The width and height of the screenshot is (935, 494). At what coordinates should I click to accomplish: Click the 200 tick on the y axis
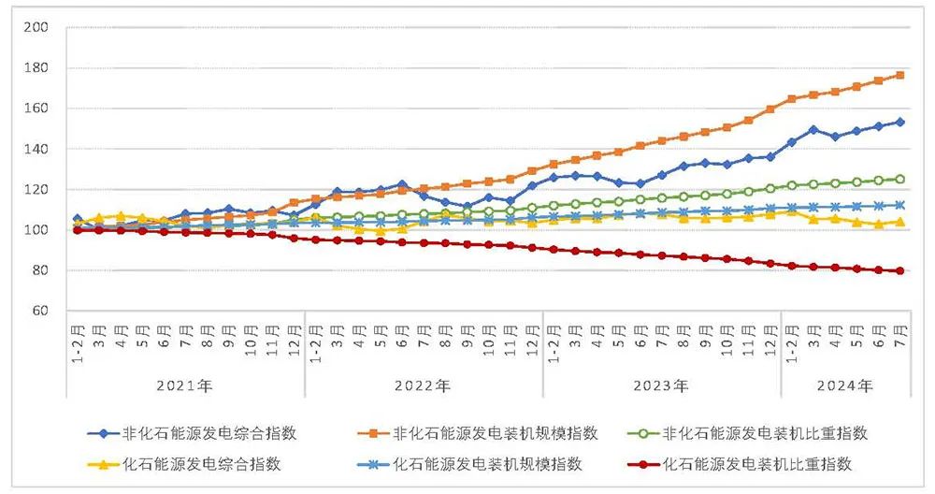(35, 27)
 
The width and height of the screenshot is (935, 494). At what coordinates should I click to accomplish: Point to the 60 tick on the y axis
(38, 311)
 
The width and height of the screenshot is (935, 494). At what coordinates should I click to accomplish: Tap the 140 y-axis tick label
(35, 149)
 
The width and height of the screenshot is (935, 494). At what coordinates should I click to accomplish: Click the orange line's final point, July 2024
(899, 75)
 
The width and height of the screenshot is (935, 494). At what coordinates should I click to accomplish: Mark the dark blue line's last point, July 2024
(899, 122)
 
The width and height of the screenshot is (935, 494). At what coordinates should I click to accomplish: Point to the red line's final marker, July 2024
(899, 271)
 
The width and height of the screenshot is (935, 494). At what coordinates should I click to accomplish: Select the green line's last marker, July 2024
(899, 179)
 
